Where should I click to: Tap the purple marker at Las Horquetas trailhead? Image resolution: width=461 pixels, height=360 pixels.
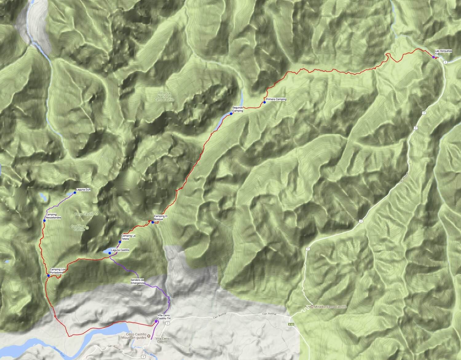433,57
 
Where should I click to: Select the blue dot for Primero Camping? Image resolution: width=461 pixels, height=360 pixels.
264,102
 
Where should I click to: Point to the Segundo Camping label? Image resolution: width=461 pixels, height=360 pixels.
238,109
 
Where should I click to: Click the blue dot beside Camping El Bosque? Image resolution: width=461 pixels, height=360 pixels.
153,222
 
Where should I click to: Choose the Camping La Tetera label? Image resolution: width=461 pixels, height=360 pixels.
128,237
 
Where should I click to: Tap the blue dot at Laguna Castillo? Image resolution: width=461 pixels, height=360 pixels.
110,253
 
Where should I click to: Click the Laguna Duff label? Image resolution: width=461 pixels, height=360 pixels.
83,190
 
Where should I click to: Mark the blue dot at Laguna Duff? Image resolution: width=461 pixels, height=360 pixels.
75,193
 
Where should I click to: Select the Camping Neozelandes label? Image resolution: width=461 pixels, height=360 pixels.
53,216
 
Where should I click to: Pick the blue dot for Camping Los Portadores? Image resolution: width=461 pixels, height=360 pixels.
49,275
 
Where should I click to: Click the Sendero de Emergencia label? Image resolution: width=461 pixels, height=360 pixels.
137,281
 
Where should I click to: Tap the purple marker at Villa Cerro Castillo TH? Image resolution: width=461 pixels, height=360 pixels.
156,321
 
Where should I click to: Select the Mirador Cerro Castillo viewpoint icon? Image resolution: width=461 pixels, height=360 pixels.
312,307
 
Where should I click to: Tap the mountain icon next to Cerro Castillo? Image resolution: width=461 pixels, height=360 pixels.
97,214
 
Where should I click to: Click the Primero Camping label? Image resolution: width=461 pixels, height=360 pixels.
276,99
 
